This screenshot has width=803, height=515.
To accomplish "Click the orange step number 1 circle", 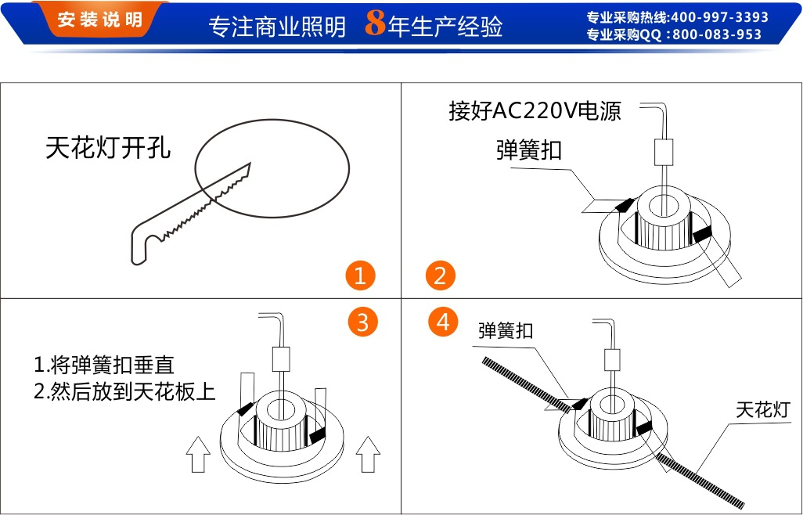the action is click(x=360, y=276).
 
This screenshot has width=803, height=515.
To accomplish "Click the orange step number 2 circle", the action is click(x=441, y=276).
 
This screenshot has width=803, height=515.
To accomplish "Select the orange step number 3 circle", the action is click(x=362, y=322).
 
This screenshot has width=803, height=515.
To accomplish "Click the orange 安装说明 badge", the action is click(x=100, y=20).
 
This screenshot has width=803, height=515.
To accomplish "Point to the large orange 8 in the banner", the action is click(x=375, y=23).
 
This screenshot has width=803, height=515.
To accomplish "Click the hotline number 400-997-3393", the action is click(x=719, y=17).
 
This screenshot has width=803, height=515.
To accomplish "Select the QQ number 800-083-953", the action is click(x=716, y=34).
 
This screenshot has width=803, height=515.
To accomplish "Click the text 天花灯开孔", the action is click(x=108, y=147).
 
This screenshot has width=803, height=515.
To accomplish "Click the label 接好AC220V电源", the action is click(x=535, y=111).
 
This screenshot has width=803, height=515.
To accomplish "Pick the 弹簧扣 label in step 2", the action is click(x=529, y=150).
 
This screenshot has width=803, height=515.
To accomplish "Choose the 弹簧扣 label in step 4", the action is click(x=506, y=331).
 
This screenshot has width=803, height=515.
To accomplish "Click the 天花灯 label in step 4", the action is click(x=762, y=410).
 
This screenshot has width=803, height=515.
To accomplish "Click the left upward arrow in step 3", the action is click(x=198, y=454).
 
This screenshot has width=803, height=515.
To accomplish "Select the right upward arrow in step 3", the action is click(x=368, y=454).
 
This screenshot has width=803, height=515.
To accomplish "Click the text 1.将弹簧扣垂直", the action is click(x=104, y=365).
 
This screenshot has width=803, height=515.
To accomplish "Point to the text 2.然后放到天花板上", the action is click(x=125, y=391).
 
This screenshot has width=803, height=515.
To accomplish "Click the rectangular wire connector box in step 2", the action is click(x=664, y=152).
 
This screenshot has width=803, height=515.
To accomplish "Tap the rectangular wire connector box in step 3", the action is click(x=281, y=359).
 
